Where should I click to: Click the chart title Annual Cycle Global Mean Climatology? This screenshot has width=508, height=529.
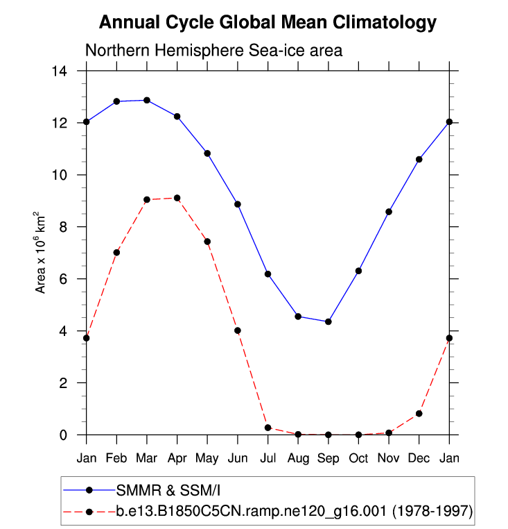[268, 22]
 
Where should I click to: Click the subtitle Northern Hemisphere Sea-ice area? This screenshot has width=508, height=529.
[214, 51]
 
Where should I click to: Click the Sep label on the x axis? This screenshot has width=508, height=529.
[328, 458]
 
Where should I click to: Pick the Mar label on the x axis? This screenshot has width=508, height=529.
[146, 458]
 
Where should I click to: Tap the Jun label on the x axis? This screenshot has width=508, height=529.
[237, 458]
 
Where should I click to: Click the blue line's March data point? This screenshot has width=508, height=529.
[146, 100]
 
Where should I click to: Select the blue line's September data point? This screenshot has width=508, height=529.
[328, 321]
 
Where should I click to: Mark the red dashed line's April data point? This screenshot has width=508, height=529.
[177, 198]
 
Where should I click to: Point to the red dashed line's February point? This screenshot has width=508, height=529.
[116, 252]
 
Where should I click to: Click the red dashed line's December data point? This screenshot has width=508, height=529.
[419, 414]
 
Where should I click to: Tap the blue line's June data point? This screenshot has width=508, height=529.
[237, 204]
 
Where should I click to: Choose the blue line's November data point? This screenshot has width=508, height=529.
[389, 212]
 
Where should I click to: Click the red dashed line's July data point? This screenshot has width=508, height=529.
[268, 428]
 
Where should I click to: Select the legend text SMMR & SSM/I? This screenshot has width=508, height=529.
[154, 490]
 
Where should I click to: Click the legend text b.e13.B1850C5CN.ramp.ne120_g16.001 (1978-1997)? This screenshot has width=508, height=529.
[294, 512]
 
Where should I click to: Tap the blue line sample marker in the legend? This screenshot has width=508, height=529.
[89, 490]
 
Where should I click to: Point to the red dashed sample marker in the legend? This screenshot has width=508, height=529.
[89, 512]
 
